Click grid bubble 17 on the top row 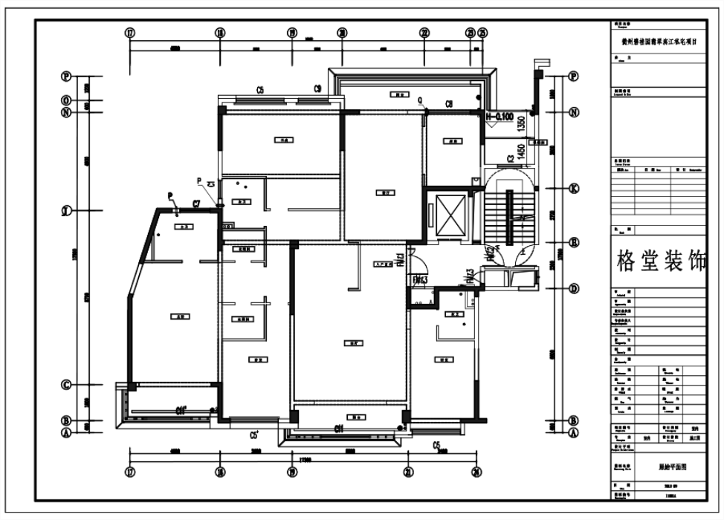131,33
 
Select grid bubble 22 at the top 424,33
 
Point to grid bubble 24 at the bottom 475,471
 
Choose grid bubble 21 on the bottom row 408,471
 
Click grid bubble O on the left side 66,100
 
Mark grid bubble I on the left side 66,211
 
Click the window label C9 317,89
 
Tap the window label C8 450,104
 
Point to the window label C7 197,203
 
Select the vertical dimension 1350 521,123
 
